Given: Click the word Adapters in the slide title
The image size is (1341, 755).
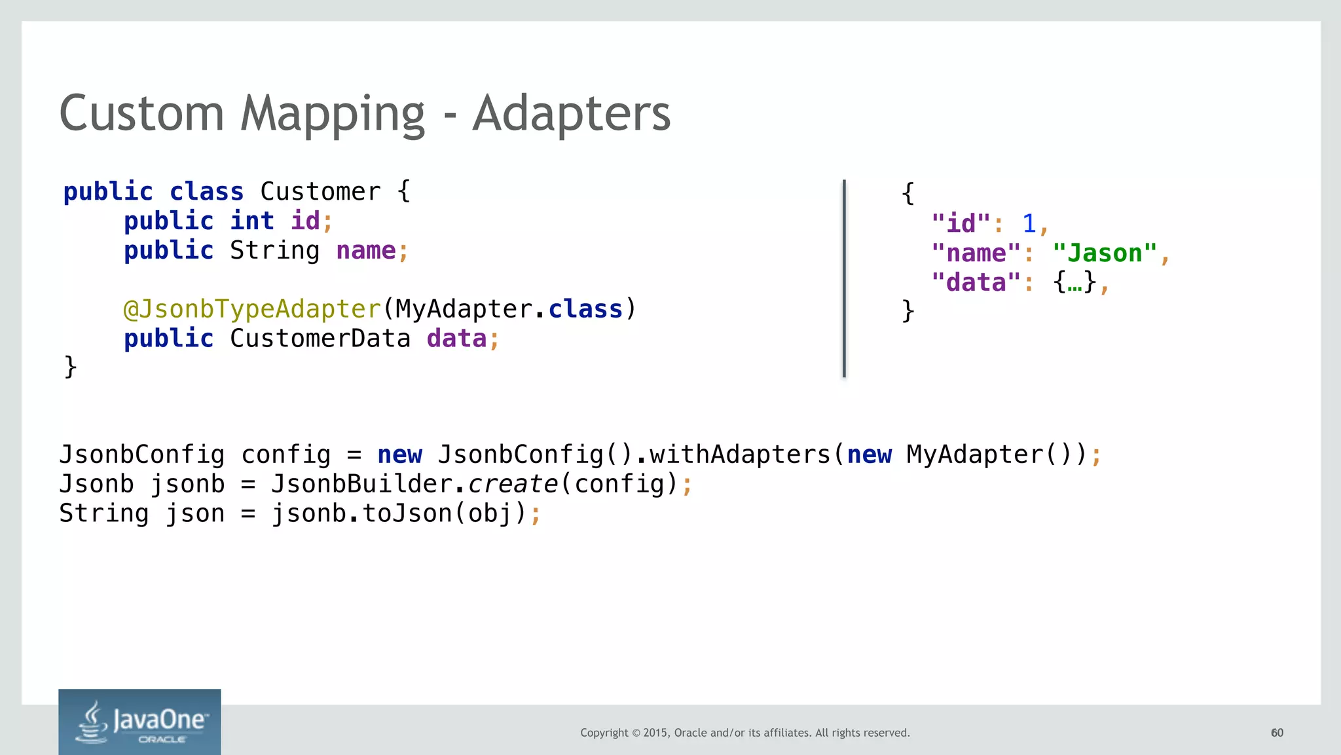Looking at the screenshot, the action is pyautogui.click(x=571, y=113).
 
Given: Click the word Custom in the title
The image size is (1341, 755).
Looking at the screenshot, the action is pyautogui.click(x=141, y=113).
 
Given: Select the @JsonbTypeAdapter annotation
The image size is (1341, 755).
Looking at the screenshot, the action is pyautogui.click(x=252, y=309).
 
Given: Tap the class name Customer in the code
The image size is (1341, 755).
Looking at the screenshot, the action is pyautogui.click(x=320, y=192).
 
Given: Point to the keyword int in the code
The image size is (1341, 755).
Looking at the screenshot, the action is pyautogui.click(x=252, y=221).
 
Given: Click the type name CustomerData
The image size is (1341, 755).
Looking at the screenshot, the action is pyautogui.click(x=320, y=339).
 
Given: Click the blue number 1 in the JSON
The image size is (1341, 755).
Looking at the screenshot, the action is pyautogui.click(x=1029, y=224).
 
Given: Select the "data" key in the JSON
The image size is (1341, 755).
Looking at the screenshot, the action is pyautogui.click(x=976, y=283).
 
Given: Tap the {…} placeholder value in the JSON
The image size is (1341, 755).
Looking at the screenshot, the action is pyautogui.click(x=1075, y=283).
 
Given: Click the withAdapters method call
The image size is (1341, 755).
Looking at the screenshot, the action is pyautogui.click(x=740, y=454).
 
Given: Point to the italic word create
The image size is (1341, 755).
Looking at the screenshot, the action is pyautogui.click(x=513, y=484).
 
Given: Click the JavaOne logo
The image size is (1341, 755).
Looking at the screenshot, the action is pyautogui.click(x=139, y=722).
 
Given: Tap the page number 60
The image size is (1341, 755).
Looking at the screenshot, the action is pyautogui.click(x=1277, y=733).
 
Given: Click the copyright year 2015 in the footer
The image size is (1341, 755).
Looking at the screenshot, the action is pyautogui.click(x=655, y=733).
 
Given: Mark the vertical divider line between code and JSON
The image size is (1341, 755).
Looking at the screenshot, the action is pyautogui.click(x=844, y=278).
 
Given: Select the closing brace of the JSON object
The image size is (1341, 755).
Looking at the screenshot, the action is pyautogui.click(x=908, y=311).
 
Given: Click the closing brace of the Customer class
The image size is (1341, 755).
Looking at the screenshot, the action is pyautogui.click(x=71, y=367).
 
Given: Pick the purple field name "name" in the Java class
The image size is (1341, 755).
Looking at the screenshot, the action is pyautogui.click(x=366, y=251).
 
